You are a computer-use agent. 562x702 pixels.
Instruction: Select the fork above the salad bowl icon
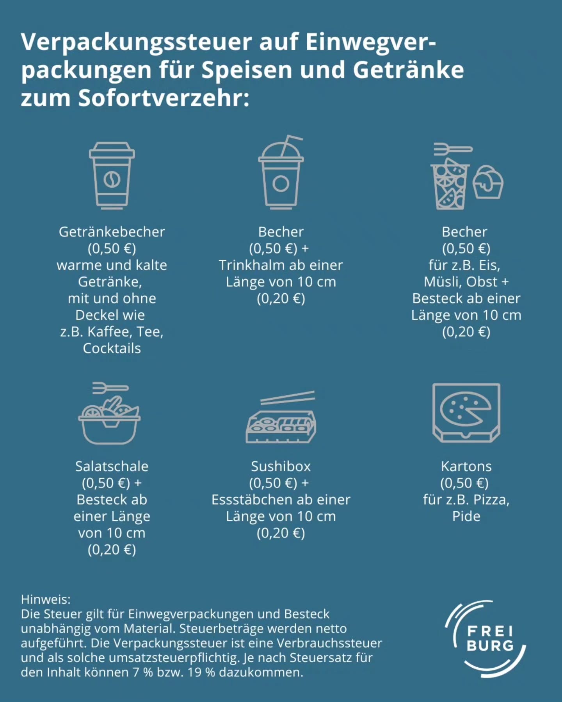point(110,388)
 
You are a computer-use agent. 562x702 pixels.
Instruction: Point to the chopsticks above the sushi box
point(288,397)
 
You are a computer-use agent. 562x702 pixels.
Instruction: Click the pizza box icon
point(466,413)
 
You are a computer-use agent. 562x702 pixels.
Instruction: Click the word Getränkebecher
point(112,232)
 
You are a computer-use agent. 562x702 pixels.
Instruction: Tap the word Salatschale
point(112,466)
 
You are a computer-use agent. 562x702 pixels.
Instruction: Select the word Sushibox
point(281,466)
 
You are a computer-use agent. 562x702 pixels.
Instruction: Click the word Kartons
point(466,466)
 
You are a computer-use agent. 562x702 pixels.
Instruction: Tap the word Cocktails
point(112,348)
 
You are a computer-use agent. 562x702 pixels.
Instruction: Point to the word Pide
point(466,516)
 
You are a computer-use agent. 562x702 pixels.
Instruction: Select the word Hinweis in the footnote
point(45,599)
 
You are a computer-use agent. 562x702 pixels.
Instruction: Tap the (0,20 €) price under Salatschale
point(112,550)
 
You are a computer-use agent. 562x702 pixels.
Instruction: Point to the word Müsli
point(441,282)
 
